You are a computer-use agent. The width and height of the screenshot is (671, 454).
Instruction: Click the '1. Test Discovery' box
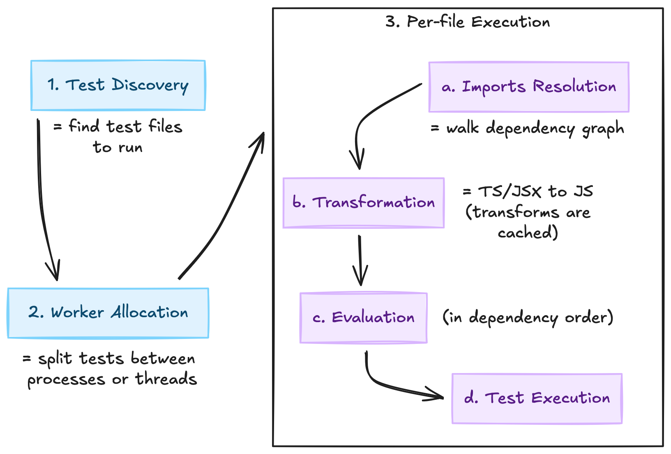click(118, 85)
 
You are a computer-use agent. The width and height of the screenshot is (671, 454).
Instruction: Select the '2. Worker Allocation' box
click(108, 313)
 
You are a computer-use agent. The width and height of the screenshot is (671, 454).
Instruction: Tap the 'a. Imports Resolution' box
click(528, 87)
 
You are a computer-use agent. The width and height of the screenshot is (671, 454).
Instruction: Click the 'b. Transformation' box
click(363, 203)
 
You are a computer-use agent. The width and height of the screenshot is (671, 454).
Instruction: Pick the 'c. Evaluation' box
click(363, 318)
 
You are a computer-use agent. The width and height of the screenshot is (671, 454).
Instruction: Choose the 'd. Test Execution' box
click(537, 399)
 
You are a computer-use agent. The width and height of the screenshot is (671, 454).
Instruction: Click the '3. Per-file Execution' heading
click(468, 22)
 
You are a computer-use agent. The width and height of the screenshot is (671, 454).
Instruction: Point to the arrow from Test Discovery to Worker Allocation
click(41, 197)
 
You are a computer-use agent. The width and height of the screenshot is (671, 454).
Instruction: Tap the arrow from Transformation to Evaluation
click(360, 259)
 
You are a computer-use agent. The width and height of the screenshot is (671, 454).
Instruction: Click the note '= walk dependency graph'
click(528, 129)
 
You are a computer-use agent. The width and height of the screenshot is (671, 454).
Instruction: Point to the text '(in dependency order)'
click(528, 318)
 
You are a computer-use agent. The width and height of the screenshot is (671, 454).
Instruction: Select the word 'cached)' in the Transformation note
click(528, 233)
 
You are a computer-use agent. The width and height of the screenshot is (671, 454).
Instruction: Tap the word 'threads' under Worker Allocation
click(166, 379)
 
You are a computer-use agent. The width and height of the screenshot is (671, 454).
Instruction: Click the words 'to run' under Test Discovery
click(118, 147)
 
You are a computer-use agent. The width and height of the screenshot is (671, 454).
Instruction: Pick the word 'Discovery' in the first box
click(150, 85)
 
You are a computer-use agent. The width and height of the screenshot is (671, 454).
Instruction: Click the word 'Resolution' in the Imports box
click(574, 87)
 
